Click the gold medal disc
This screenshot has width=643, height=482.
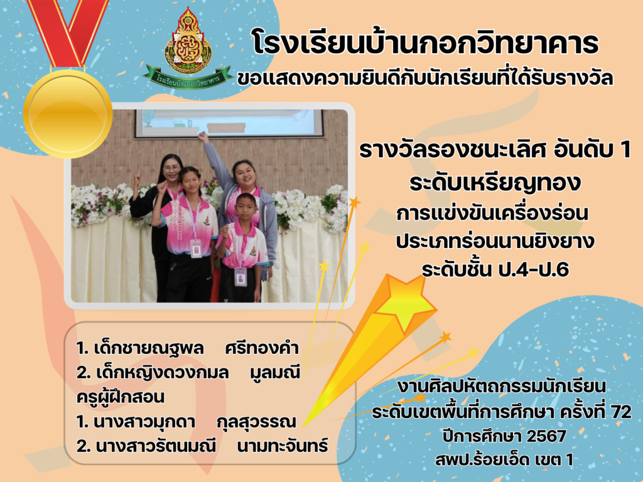[x=68, y=114]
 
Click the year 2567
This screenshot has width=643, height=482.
[x=546, y=436]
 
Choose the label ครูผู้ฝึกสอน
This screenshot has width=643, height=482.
[x=120, y=397]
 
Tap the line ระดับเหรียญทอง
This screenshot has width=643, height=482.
[x=495, y=183]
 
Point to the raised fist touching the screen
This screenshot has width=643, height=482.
[x=202, y=136]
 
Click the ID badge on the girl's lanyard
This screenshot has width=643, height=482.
[x=196, y=249]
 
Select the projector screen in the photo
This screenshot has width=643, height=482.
[x=229, y=123]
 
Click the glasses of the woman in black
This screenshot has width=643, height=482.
[x=172, y=168]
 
